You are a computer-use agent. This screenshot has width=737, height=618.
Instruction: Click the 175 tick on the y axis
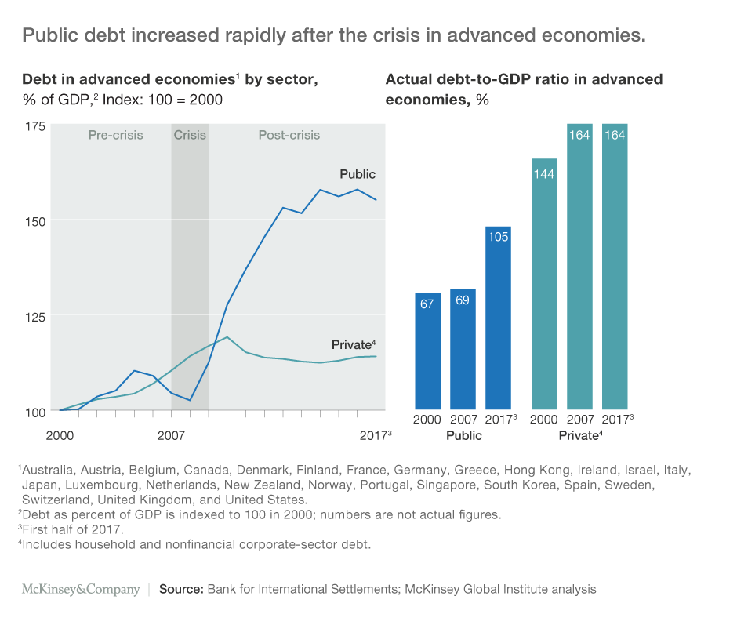[x=35, y=125]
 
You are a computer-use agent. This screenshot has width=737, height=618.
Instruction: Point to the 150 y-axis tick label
[x=35, y=220]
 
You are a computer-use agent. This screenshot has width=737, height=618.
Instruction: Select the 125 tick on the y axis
[x=35, y=316]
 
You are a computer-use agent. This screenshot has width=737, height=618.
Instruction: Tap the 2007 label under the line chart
[x=170, y=434]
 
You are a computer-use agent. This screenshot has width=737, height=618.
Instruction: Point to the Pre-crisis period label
[x=115, y=135]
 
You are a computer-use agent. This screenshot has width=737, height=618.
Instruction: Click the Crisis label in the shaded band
[x=190, y=135]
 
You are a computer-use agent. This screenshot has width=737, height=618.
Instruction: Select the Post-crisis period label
[x=289, y=135]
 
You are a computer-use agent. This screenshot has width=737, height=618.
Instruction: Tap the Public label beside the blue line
[x=358, y=174]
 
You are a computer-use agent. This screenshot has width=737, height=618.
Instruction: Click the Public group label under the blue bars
[x=464, y=435]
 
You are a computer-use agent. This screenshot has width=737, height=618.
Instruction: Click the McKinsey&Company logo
[x=80, y=589]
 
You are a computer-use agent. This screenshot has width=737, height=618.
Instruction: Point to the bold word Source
[x=181, y=589]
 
